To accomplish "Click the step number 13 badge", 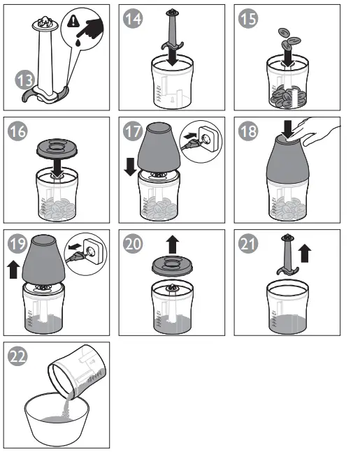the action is click(24, 80).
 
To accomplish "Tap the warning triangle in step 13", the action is click(73, 22).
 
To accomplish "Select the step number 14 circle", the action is click(133, 19).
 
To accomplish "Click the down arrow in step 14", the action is click(172, 56).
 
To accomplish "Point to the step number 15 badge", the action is click(248, 19).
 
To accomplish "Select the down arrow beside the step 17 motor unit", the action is click(130, 167).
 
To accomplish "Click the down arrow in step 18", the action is click(287, 129).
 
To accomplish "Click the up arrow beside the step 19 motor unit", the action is click(13, 270).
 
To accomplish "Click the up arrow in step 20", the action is click(173, 245).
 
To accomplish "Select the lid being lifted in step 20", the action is click(172, 266).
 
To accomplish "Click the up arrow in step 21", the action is click(305, 254).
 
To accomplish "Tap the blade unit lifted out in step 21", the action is click(287, 254).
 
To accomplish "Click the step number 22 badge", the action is click(17, 356).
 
